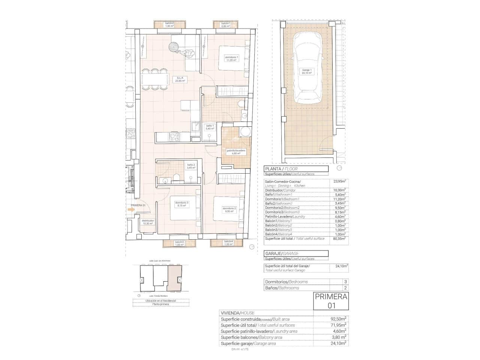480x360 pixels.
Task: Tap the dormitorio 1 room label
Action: tap(231, 58)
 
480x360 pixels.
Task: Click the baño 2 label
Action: tap(191, 166)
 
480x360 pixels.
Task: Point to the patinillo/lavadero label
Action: tap(236, 151)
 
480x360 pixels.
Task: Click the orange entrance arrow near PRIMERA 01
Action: tap(131, 210)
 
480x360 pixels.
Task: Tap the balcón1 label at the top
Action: tap(225, 25)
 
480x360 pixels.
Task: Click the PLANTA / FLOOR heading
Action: tap(281, 169)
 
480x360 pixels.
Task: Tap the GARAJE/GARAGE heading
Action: tap(282, 253)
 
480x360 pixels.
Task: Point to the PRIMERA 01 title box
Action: tap(331, 301)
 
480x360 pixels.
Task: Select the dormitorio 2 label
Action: tap(229, 210)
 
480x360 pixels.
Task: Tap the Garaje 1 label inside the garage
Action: tap(307, 71)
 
